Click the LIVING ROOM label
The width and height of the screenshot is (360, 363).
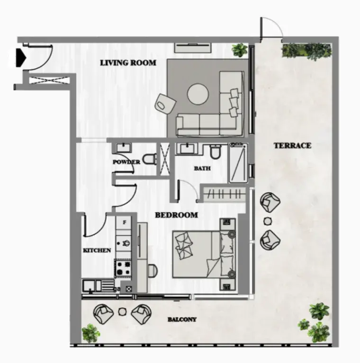pos(128,63)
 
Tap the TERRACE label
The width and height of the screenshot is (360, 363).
pos(292,146)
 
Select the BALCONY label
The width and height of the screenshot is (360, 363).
pos(182,320)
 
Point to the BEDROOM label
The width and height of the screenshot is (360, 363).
pos(176,215)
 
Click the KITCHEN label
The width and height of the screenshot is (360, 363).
pos(97,250)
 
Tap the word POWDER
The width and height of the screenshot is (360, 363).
pos(126,162)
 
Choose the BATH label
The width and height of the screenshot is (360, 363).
pos(202,168)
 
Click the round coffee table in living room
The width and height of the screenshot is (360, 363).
pos(198,94)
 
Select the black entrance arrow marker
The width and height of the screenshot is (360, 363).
pos(20,57)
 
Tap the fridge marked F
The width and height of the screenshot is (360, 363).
pos(125,223)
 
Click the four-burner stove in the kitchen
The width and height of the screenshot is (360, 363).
pos(123,268)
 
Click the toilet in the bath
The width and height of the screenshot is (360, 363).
pos(216,151)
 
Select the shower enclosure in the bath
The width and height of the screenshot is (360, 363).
pos(238,163)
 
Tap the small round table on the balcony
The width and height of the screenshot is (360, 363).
pos(122,311)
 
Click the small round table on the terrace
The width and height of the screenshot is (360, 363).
pos(268,221)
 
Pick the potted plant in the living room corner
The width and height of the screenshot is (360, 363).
pos(240,50)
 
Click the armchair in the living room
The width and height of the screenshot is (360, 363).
pos(165,104)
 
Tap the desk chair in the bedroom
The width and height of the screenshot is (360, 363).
pos(152,270)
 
